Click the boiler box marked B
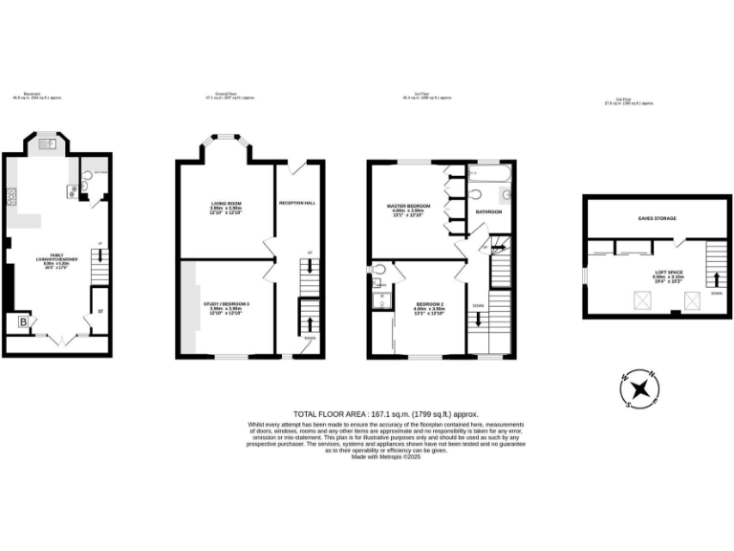[22, 323]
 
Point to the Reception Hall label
[296, 203]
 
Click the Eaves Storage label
[658, 218]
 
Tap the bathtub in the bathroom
[487, 173]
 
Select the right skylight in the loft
[692, 301]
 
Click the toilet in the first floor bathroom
[507, 194]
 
